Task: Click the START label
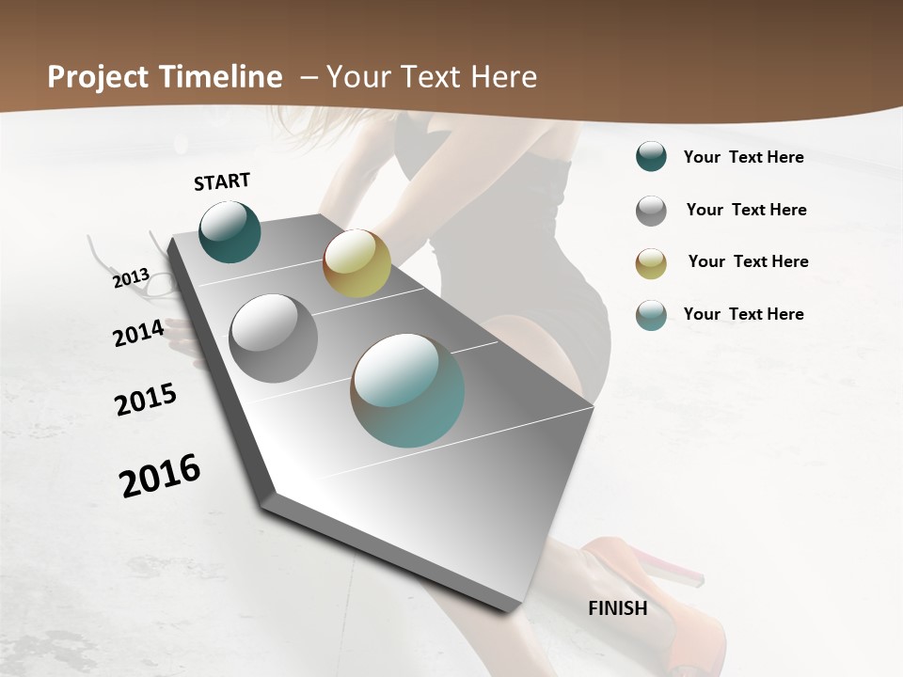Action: pyautogui.click(x=222, y=181)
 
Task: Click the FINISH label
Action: pyautogui.click(x=617, y=608)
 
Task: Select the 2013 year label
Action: pyautogui.click(x=132, y=278)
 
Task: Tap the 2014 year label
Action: pyautogui.click(x=138, y=333)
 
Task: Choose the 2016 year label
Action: pyautogui.click(x=160, y=475)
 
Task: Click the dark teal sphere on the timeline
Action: pyautogui.click(x=230, y=231)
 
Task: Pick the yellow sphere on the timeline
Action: pyautogui.click(x=356, y=263)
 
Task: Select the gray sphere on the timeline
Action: pyautogui.click(x=273, y=338)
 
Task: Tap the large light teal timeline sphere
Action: pyautogui.click(x=407, y=390)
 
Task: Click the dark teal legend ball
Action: pyautogui.click(x=651, y=157)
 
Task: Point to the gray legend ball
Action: pyautogui.click(x=651, y=211)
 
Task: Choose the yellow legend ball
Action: pyautogui.click(x=651, y=263)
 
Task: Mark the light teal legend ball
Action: pyautogui.click(x=651, y=315)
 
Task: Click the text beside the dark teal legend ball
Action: pyautogui.click(x=743, y=158)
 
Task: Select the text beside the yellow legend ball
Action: pyautogui.click(x=748, y=261)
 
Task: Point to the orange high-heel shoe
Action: pyautogui.click(x=658, y=602)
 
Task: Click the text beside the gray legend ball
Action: pyautogui.click(x=746, y=210)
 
